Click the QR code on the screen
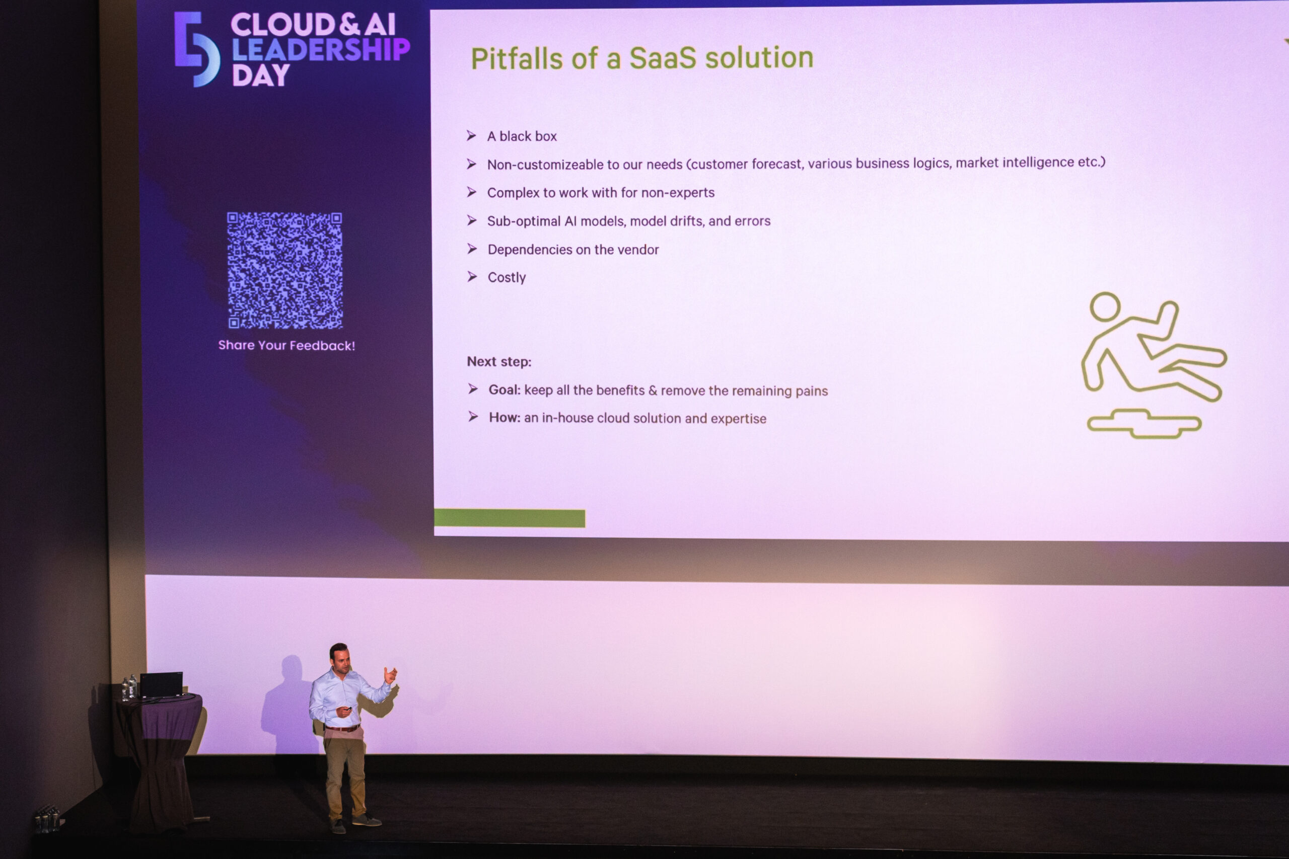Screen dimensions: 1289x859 point(285,271)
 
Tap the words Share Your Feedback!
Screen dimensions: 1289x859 point(287,346)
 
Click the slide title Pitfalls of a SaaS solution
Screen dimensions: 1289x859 point(642,58)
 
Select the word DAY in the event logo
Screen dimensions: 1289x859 point(260,75)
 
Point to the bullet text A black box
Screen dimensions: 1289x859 point(522,136)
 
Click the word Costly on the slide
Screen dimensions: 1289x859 point(507,278)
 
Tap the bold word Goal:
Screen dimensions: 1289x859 point(504,389)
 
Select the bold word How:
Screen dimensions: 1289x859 point(504,418)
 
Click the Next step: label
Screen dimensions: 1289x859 point(498,362)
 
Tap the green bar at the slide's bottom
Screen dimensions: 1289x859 point(509,518)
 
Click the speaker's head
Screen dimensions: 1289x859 point(339,657)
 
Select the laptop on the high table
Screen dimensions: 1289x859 point(161,685)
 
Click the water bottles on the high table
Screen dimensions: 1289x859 point(129,688)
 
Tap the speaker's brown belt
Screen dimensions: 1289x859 point(342,728)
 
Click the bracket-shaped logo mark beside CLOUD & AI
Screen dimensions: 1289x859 point(197,49)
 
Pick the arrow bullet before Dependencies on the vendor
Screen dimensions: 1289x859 point(472,249)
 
